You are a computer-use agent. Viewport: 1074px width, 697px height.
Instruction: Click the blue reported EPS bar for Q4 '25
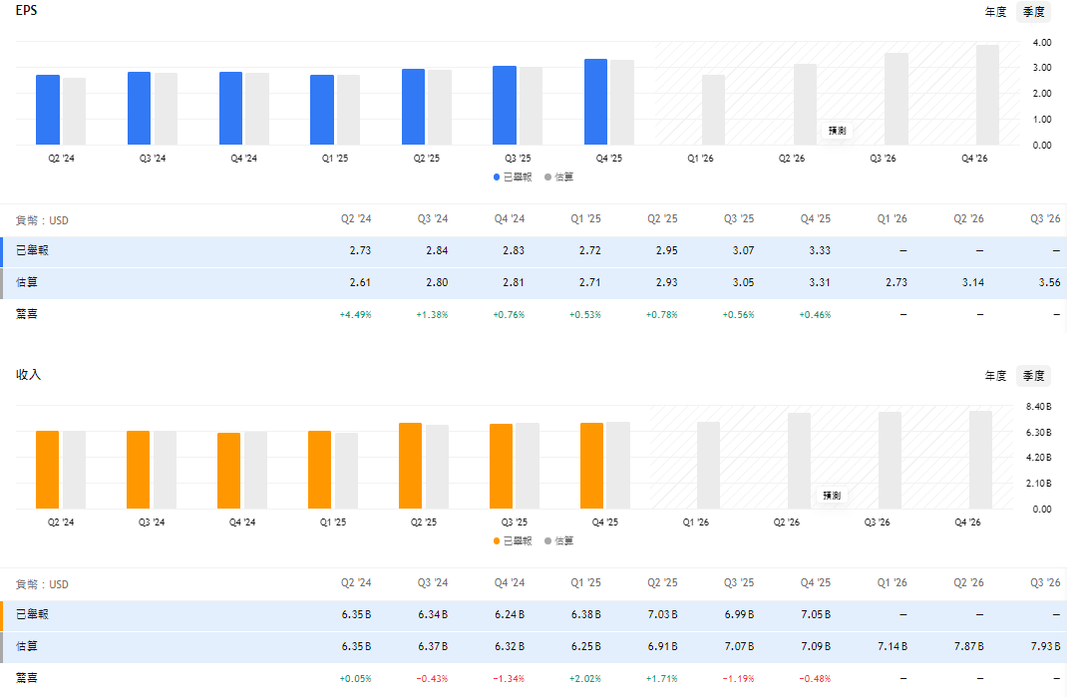coord(595,102)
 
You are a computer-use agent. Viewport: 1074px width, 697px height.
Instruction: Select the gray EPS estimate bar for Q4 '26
coord(987,95)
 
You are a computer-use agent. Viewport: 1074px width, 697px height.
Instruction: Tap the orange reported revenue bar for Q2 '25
coord(410,466)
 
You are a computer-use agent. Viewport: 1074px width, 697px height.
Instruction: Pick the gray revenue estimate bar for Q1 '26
coord(708,465)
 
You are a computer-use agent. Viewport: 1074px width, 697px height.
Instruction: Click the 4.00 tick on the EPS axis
coord(1042,43)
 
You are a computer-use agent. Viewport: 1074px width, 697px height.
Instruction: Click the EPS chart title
coord(27,10)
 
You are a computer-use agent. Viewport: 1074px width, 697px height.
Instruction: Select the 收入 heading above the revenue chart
coord(29,375)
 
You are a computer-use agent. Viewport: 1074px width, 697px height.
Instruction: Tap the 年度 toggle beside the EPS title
coord(996,12)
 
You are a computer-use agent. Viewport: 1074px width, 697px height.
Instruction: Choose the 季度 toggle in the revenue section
coord(1033,376)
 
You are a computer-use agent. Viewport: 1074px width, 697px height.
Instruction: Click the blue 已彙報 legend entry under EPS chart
coord(513,176)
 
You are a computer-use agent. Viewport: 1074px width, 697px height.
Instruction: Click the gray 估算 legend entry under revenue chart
coord(558,540)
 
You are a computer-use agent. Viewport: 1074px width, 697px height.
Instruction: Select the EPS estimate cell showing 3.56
coord(1048,282)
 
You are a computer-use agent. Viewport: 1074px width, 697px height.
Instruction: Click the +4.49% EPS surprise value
coord(355,314)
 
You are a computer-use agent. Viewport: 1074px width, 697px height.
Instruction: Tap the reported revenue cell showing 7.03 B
coord(662,614)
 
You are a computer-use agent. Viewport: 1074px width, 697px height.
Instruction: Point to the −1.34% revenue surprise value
coord(509,678)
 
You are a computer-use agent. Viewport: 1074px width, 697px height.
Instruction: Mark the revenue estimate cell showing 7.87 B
coord(968,646)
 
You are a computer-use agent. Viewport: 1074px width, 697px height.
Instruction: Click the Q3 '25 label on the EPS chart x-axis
coord(517,159)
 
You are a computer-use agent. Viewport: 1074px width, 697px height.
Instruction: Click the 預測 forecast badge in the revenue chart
coord(832,495)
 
